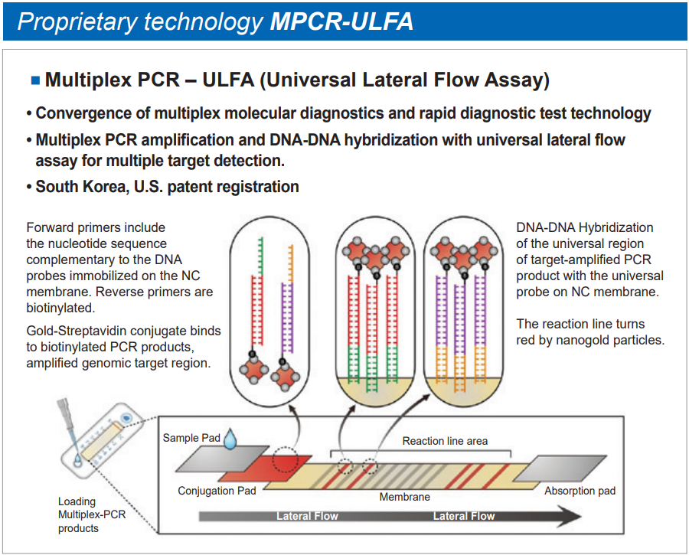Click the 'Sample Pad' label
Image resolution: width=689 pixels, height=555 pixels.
point(191,438)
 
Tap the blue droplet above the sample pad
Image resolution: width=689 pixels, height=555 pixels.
point(231,439)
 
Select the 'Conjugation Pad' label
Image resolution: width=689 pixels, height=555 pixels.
point(217,491)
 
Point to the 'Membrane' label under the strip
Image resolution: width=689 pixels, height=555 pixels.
point(405,497)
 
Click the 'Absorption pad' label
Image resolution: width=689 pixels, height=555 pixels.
point(580,490)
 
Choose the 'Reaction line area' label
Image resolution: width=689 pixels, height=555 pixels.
point(445,440)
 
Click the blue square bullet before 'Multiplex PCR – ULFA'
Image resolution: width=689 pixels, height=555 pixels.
point(34,80)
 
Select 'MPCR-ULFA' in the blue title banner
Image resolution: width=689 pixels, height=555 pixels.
point(341,21)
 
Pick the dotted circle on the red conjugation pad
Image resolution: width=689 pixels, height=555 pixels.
point(286,459)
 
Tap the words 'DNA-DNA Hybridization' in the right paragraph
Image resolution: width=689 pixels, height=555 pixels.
point(585,227)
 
